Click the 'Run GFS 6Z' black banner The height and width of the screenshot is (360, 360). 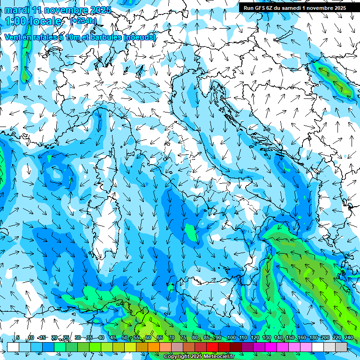pos(295,7)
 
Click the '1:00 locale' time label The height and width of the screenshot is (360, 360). pos(34,21)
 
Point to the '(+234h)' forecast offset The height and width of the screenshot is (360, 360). pos(83,21)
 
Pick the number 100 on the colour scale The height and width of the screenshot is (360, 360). pos(231,337)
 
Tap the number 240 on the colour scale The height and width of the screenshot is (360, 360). pos(348,337)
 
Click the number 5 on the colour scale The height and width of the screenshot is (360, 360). pos(18,337)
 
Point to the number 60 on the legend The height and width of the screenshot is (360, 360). pos(148,337)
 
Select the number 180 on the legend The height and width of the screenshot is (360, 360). pos(313,337)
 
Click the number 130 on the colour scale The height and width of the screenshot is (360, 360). pos(266,337)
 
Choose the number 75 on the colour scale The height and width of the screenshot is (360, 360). pos(183,337)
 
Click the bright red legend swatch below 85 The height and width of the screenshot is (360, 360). pos(212,347)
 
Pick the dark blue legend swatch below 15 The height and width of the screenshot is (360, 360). pos(48,347)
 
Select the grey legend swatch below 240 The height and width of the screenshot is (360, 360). pos(341,347)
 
